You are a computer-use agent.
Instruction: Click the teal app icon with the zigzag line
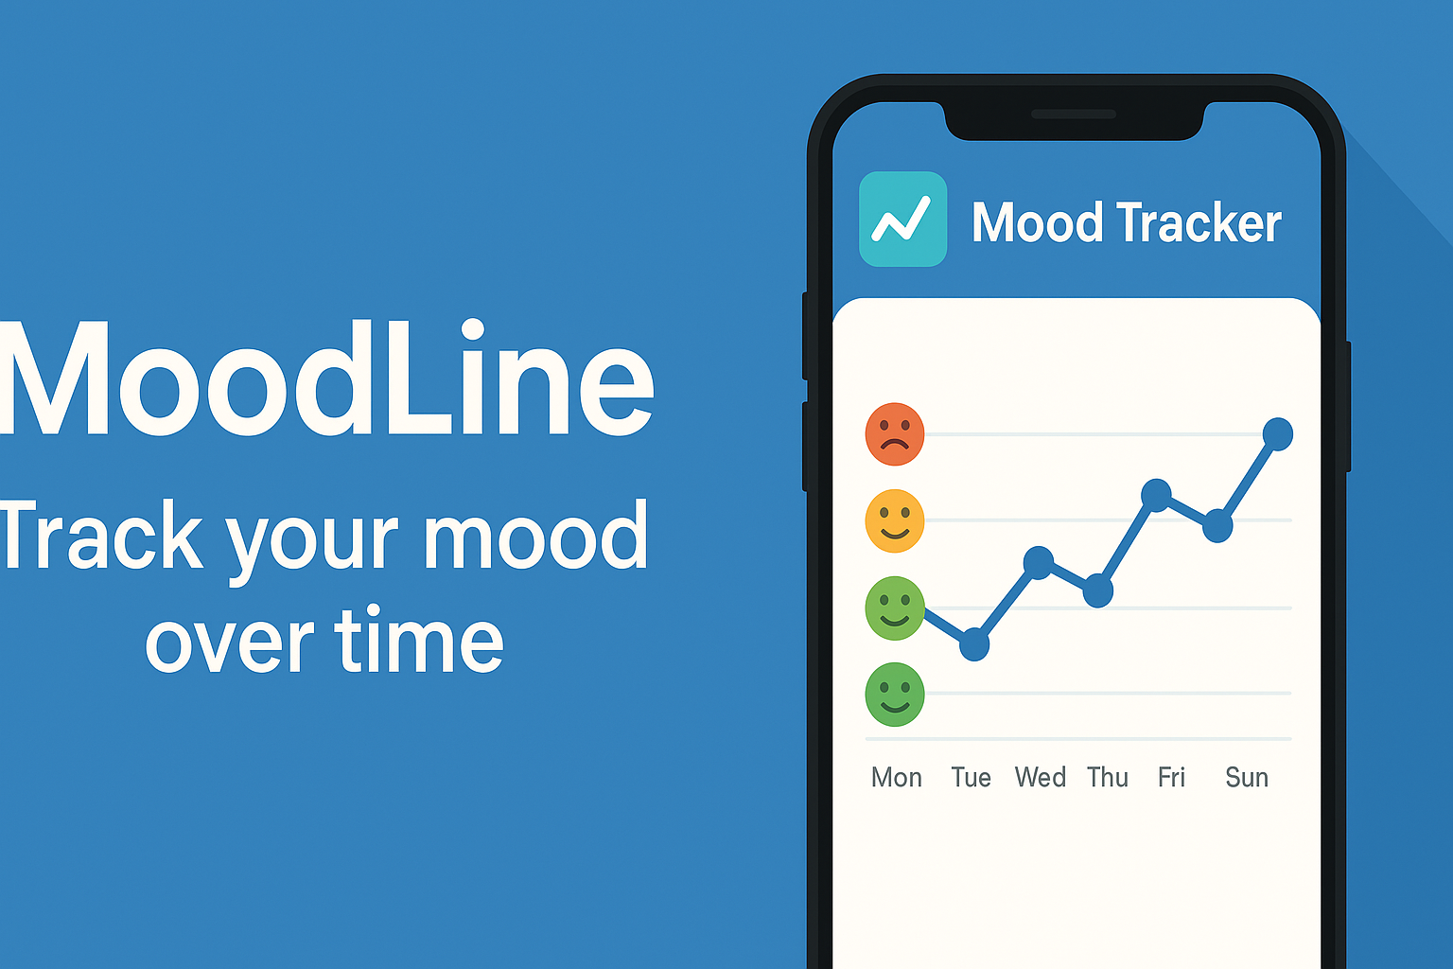click(x=903, y=220)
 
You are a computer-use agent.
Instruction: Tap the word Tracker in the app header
click(x=1199, y=222)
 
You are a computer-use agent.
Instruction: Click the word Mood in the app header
click(x=1037, y=222)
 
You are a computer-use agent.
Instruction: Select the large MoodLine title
click(x=327, y=378)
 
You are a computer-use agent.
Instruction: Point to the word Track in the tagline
click(x=100, y=535)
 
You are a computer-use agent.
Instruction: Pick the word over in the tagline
click(x=230, y=643)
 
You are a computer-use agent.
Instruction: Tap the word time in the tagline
click(x=419, y=639)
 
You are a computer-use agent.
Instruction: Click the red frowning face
click(x=895, y=434)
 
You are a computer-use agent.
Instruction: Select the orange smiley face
click(x=895, y=520)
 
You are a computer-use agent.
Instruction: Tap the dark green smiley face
click(x=895, y=694)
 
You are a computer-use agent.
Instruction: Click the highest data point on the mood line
click(x=1278, y=434)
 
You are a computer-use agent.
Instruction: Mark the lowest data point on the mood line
click(x=973, y=644)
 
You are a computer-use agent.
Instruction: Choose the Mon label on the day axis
click(x=897, y=778)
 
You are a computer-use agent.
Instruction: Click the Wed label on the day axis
click(x=1041, y=778)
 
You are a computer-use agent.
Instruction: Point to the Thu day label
click(x=1108, y=778)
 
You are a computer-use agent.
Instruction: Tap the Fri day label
click(x=1171, y=778)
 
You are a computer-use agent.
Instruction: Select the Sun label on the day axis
click(x=1247, y=778)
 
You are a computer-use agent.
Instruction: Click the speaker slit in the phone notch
click(x=1074, y=115)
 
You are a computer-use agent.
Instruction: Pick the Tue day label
click(x=972, y=778)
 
